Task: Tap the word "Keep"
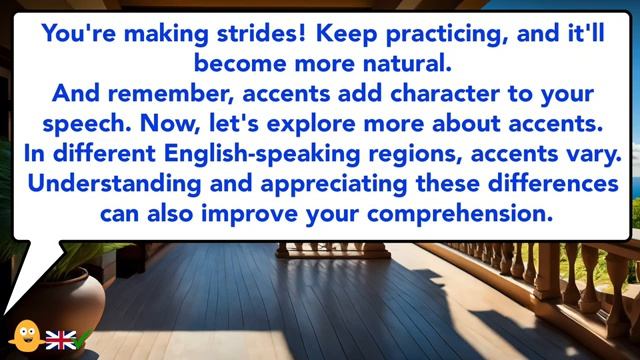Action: (346, 34)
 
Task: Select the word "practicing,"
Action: (451, 34)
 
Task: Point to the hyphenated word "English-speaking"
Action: (263, 156)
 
